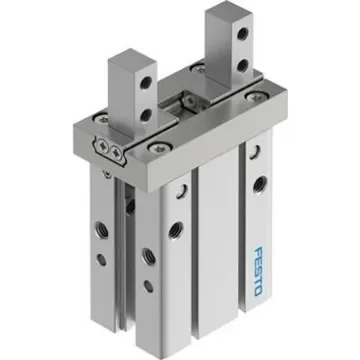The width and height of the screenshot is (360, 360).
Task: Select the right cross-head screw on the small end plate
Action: (117, 152)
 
